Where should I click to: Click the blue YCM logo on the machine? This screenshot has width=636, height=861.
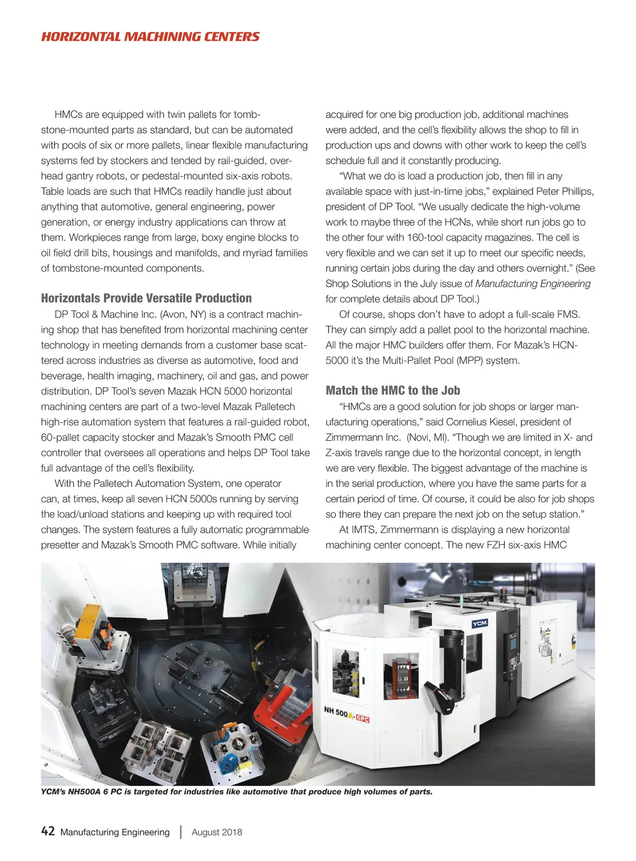point(480,624)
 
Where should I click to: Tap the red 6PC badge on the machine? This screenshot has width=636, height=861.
point(363,718)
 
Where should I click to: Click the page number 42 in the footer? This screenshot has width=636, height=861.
point(48,831)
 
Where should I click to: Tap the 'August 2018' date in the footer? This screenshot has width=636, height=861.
point(217,832)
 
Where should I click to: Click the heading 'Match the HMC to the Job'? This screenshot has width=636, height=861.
point(393,390)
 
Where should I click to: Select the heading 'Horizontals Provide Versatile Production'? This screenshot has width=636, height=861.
point(146,298)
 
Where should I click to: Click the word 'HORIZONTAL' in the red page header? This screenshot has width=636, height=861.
point(81,37)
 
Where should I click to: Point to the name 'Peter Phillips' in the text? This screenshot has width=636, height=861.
point(565,191)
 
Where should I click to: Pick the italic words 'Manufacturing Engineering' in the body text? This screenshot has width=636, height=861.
point(533,283)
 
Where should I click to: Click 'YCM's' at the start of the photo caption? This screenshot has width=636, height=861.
point(53,792)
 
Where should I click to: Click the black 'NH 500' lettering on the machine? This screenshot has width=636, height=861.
point(335,712)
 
